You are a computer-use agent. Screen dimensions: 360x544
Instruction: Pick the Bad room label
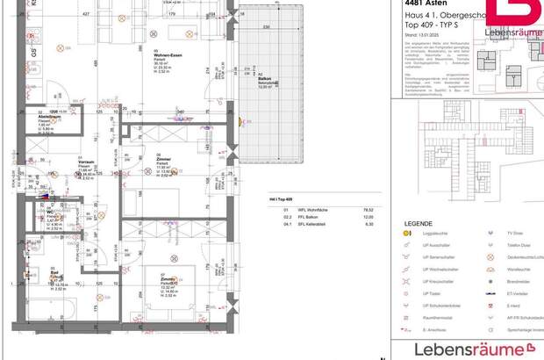(x=54, y=272)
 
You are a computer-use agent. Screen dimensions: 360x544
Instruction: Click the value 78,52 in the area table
(x=356, y=211)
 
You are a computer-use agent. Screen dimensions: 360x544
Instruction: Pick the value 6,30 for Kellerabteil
(x=356, y=225)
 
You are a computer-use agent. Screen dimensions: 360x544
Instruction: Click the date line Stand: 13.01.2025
(x=417, y=34)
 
